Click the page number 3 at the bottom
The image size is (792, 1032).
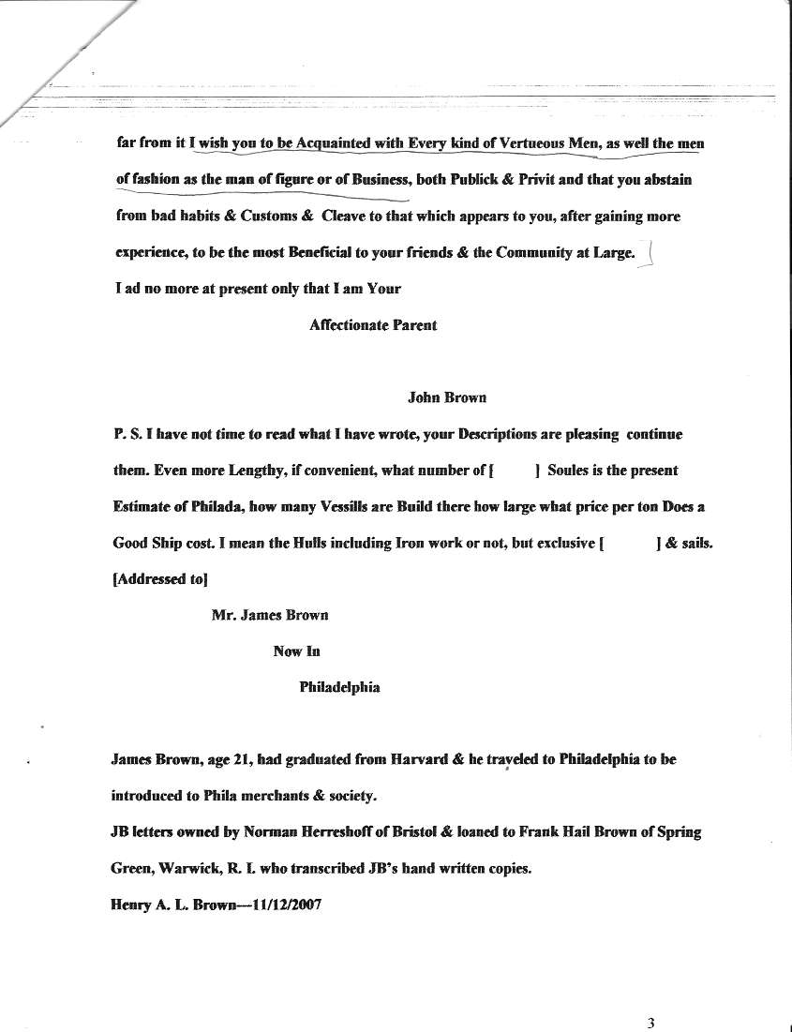pos(650,1024)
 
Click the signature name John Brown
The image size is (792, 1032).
pos(447,397)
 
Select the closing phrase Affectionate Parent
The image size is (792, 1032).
pos(372,326)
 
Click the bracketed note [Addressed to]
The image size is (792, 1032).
pos(160,579)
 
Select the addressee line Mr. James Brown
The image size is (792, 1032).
pos(270,616)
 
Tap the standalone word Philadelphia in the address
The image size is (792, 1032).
pos(339,687)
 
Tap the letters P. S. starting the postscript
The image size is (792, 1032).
pos(125,435)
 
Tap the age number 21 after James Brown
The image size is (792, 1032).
pos(232,760)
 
